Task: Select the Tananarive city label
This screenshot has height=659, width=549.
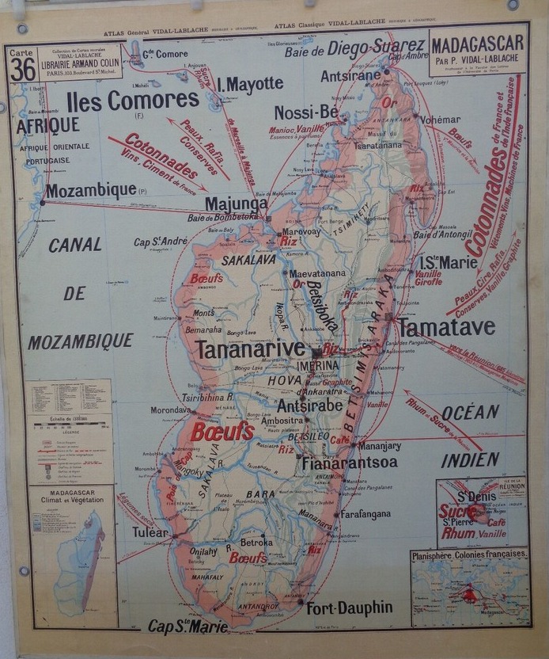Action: pyautogui.click(x=250, y=349)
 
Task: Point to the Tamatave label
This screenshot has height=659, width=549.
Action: pyautogui.click(x=446, y=327)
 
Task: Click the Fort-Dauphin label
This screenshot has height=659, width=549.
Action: pyautogui.click(x=349, y=608)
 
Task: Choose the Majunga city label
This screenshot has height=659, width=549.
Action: pyautogui.click(x=236, y=204)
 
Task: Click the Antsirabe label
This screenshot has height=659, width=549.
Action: pyautogui.click(x=309, y=405)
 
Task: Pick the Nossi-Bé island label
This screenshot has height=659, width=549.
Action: pyautogui.click(x=306, y=112)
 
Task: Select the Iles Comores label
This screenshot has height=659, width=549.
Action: pyautogui.click(x=132, y=100)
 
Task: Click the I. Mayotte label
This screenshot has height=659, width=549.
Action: pyautogui.click(x=250, y=83)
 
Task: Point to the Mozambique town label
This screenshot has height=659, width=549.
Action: pyautogui.click(x=91, y=191)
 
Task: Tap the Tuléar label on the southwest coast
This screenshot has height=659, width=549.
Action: pyautogui.click(x=150, y=531)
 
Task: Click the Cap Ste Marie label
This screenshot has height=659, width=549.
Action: pyautogui.click(x=187, y=626)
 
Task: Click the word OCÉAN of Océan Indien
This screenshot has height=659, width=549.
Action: pyautogui.click(x=470, y=412)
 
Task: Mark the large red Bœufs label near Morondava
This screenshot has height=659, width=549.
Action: pyautogui.click(x=221, y=432)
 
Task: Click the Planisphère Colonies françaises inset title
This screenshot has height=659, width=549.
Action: pyautogui.click(x=469, y=554)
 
